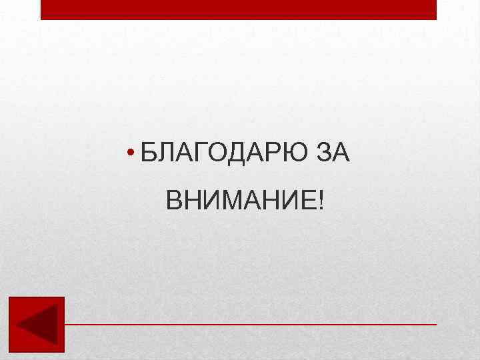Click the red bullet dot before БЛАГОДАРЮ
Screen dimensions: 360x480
pyautogui.click(x=133, y=154)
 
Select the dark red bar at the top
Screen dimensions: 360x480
pyautogui.click(x=239, y=9)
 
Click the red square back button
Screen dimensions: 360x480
pyautogui.click(x=37, y=324)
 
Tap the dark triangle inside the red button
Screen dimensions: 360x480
pyautogui.click(x=38, y=325)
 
